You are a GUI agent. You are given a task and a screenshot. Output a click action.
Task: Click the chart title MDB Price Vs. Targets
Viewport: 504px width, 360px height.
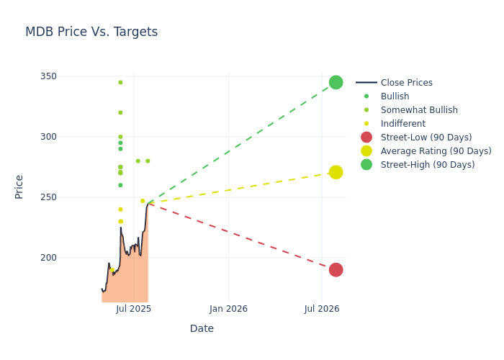91,32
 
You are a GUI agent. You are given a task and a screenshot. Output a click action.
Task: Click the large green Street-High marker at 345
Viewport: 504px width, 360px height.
336,83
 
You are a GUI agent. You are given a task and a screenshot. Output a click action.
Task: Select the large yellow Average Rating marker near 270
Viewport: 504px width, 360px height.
336,172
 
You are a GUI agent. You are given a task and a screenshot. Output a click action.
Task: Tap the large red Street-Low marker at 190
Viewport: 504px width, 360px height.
336,270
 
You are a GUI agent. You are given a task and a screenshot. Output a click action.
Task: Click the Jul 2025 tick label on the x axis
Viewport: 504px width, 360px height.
134,309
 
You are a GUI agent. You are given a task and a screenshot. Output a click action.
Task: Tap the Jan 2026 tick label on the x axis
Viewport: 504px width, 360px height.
228,309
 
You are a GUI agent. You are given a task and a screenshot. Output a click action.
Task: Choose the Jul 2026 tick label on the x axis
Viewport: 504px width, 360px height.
322,309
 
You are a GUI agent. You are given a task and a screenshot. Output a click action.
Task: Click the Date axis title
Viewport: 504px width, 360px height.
202,329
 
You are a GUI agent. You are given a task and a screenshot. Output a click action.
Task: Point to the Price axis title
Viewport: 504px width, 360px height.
19,186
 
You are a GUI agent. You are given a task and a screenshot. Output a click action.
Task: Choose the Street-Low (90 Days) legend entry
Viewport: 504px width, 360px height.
426,138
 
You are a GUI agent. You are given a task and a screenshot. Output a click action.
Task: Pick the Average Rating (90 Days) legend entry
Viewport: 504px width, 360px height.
436,151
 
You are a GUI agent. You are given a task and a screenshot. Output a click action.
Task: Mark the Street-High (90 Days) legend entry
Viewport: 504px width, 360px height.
427,165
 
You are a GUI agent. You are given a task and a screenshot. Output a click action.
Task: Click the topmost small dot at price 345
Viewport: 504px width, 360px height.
120,82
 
